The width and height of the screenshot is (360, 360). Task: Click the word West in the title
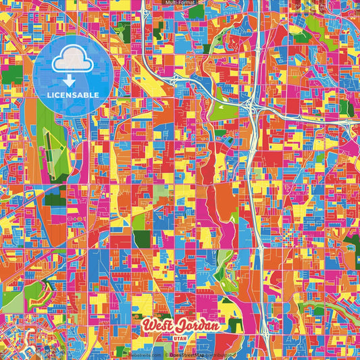coord(157,325)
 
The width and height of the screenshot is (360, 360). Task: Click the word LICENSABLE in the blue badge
coord(72,95)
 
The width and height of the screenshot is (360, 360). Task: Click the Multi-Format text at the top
coord(180,3)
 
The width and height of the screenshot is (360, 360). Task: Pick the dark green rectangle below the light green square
coord(143,238)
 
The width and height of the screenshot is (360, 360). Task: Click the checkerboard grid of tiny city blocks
coord(290,237)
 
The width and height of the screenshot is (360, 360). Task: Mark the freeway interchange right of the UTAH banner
coord(254,331)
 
